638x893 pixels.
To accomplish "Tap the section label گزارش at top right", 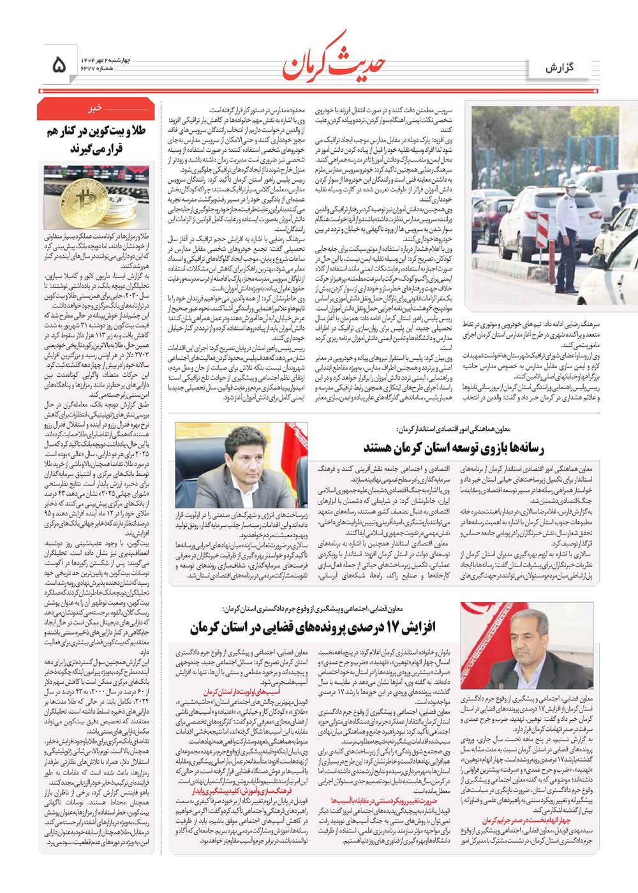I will tap(560, 68).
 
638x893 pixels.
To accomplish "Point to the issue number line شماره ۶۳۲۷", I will tap(96, 68).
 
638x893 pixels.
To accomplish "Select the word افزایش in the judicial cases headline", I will tap(419, 627).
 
